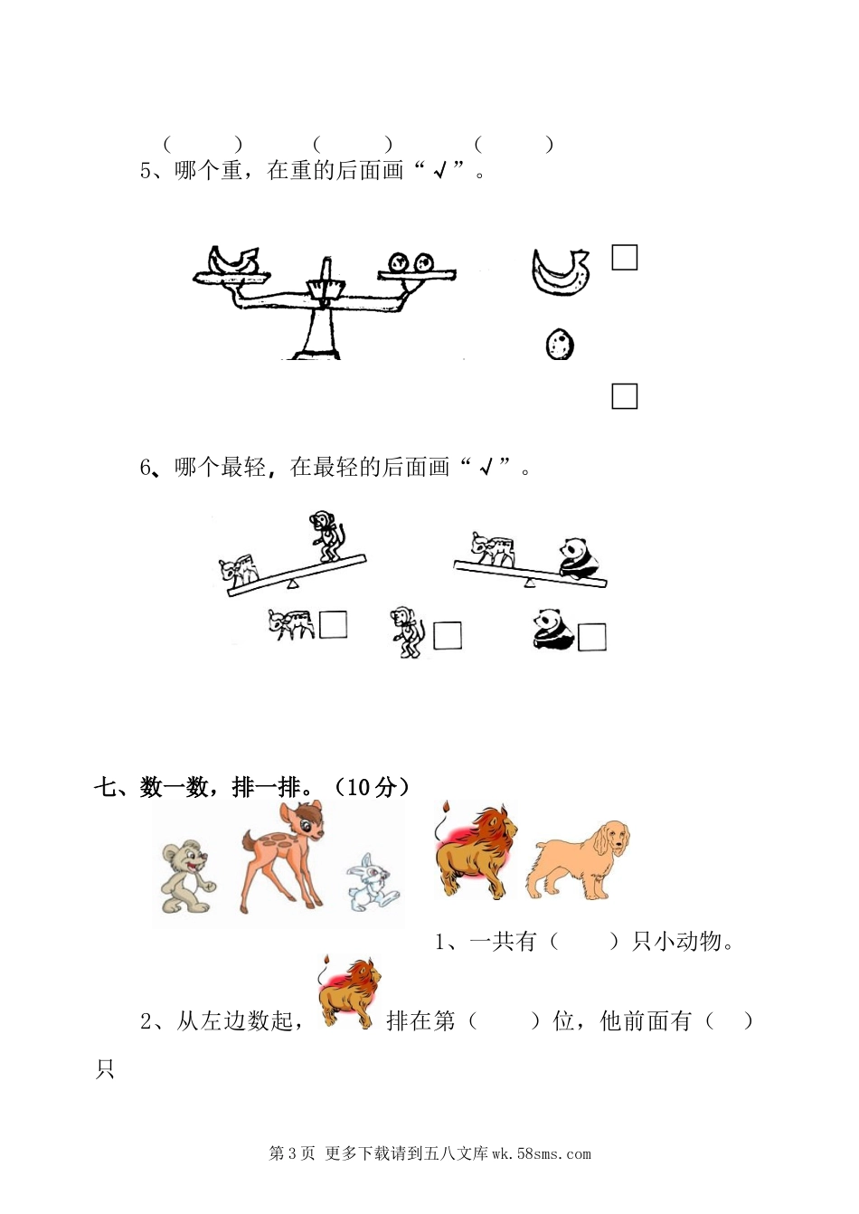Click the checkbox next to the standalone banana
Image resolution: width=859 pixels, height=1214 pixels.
pyautogui.click(x=625, y=257)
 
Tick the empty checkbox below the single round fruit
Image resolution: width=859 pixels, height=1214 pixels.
pyautogui.click(x=625, y=396)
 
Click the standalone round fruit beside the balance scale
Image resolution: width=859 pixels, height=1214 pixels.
pyautogui.click(x=560, y=344)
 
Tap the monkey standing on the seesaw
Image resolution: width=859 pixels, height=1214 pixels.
pyautogui.click(x=327, y=536)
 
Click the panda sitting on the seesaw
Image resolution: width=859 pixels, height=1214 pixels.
pyautogui.click(x=579, y=557)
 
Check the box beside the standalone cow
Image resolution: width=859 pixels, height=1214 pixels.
pyautogui.click(x=333, y=625)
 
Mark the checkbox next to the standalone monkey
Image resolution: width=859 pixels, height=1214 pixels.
pyautogui.click(x=448, y=635)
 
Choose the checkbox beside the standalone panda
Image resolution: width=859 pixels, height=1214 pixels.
pyautogui.click(x=592, y=637)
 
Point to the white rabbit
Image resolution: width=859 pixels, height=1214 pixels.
pyautogui.click(x=373, y=882)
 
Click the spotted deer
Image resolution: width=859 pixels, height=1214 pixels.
pyautogui.click(x=282, y=857)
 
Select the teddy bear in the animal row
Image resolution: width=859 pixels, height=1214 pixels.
pyautogui.click(x=187, y=877)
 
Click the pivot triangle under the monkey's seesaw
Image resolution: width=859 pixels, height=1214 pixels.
pyautogui.click(x=292, y=583)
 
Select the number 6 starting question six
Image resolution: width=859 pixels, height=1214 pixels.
pyautogui.click(x=146, y=467)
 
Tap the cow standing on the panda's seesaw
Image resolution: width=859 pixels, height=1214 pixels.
pyautogui.click(x=492, y=549)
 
